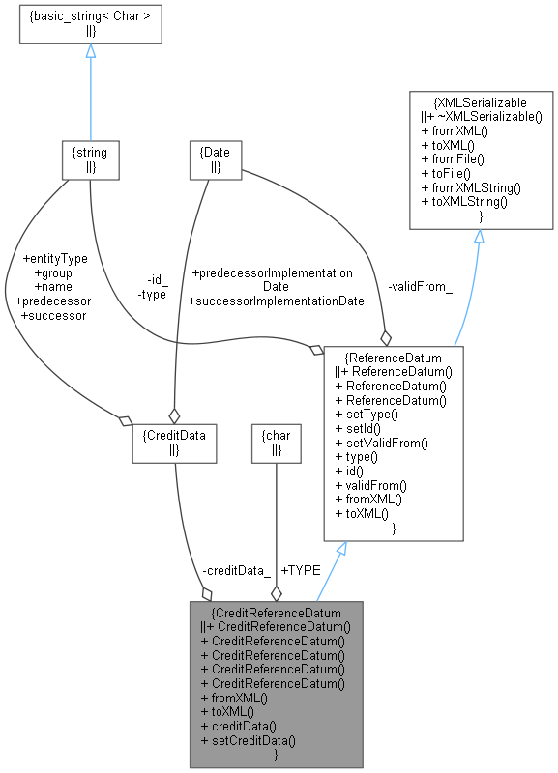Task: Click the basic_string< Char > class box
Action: click(x=90, y=26)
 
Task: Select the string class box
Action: click(x=90, y=160)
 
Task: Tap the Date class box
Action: click(x=213, y=160)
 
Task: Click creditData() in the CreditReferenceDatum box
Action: click(x=238, y=726)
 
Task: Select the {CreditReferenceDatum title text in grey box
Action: click(x=276, y=613)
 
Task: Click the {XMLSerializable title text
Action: click(x=481, y=100)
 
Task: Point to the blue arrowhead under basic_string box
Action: click(x=90, y=51)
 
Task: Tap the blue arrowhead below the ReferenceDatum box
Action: click(x=339, y=548)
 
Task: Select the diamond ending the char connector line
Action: click(x=277, y=592)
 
